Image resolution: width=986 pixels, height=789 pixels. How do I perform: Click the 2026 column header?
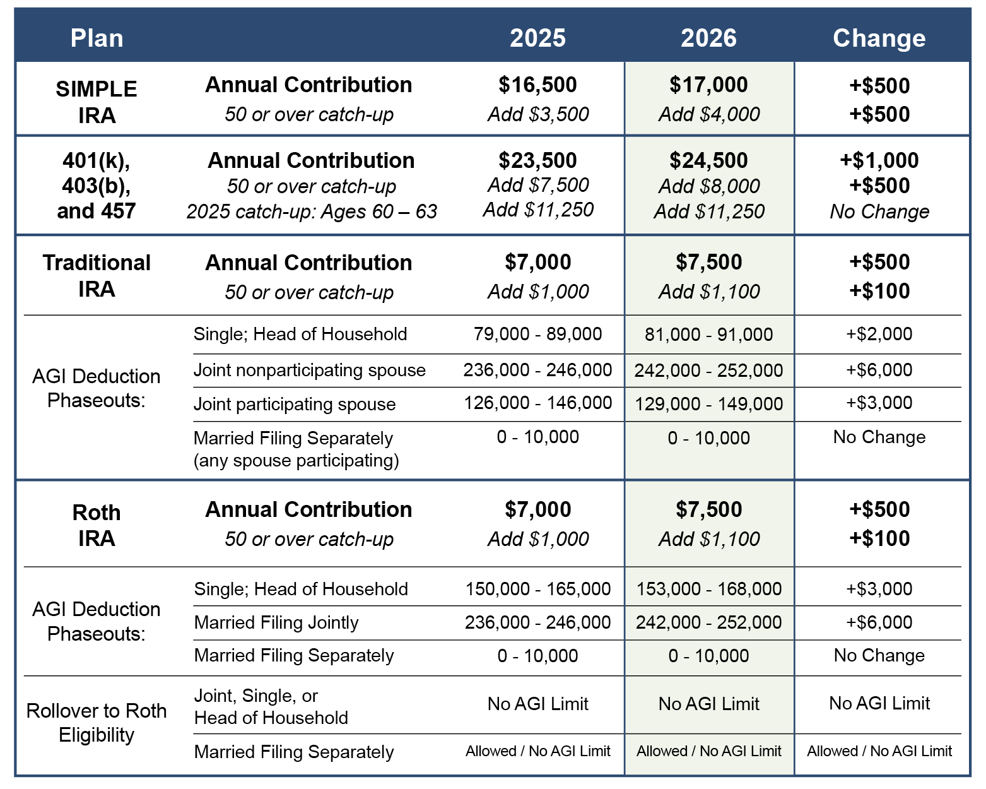708,38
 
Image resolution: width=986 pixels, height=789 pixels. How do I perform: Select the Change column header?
879,38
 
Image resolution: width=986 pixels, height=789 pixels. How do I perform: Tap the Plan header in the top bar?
97,38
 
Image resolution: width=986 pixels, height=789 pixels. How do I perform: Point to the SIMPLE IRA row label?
97,102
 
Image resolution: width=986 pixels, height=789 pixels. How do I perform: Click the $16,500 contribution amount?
537,85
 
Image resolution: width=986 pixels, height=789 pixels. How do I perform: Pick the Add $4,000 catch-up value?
709,114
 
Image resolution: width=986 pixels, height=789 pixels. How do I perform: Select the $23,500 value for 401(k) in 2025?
537,160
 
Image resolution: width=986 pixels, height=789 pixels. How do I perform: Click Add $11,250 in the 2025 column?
538,210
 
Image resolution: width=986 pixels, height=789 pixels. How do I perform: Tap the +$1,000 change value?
879,160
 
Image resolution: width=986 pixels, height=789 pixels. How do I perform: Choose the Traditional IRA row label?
97,275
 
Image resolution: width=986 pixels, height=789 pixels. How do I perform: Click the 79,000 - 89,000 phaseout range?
537,334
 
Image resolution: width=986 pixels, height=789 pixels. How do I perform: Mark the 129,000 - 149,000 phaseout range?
708,404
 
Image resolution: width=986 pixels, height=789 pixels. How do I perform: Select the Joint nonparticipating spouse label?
309,370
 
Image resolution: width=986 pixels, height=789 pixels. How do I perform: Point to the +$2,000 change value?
879,334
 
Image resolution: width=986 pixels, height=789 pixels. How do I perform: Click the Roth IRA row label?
97,525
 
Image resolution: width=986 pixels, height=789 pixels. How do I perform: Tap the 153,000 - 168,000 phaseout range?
708,589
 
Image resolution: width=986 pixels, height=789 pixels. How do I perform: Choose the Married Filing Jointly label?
276,622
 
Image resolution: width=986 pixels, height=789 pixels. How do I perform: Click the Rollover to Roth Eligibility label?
97,723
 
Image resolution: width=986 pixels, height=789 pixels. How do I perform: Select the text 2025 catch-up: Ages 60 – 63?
312,211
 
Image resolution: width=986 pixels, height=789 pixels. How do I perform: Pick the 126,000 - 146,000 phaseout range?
537,403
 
